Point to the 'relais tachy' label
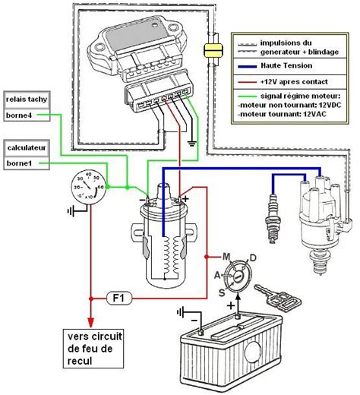(25, 100)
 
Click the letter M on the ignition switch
(226, 254)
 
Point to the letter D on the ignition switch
(253, 259)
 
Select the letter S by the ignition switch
(221, 292)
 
